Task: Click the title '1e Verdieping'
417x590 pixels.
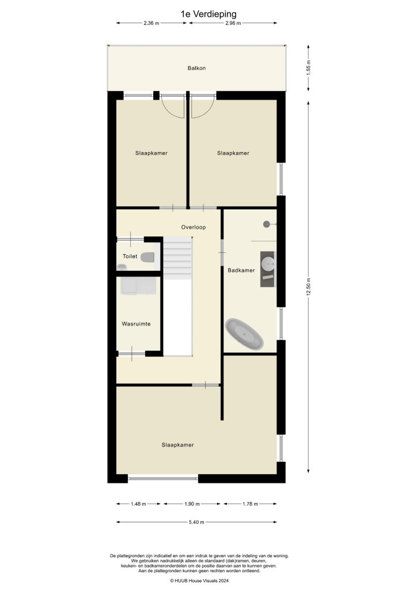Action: pos(208,12)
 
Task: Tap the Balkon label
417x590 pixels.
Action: pos(196,68)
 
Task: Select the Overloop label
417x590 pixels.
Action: pos(194,227)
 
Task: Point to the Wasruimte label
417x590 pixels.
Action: pos(136,324)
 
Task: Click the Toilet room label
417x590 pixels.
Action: pos(130,256)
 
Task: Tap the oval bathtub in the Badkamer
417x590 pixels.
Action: pos(245,334)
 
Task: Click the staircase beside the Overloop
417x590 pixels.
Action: pos(177,259)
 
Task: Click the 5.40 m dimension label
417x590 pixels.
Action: pos(196,522)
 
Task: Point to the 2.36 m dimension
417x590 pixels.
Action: pos(151,23)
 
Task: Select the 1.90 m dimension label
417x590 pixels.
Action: pos(193,504)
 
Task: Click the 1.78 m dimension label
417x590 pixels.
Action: pos(250,504)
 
